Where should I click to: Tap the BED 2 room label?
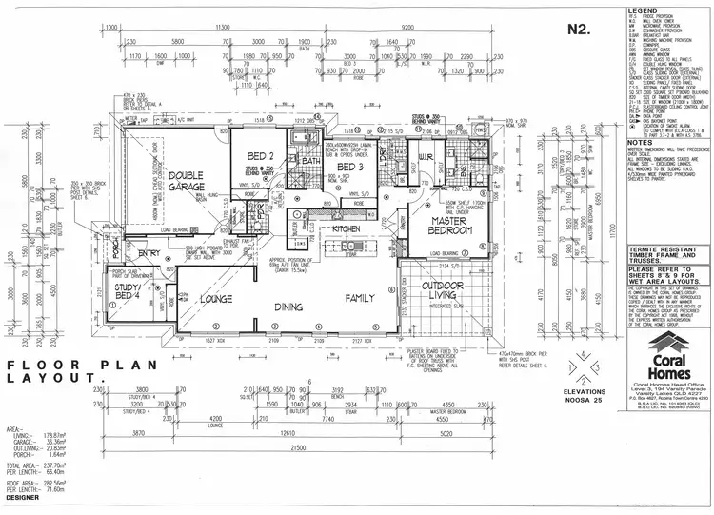click(x=261, y=156)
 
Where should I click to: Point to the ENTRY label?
click(x=149, y=254)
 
